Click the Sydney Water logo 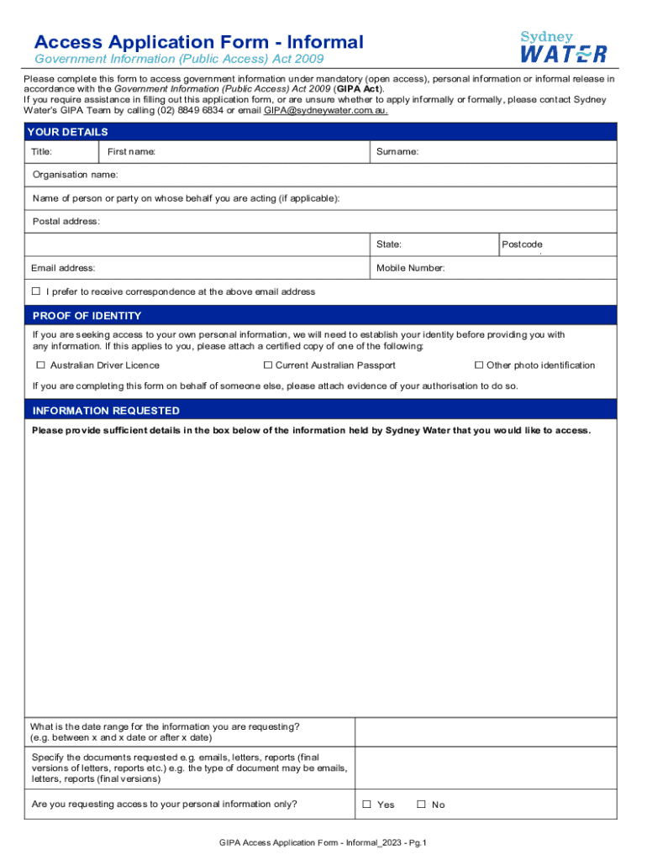(564, 47)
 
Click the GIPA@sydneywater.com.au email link (326, 110)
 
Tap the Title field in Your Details (62, 152)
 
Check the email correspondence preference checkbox (36, 291)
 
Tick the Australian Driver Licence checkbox (40, 365)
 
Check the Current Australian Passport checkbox (268, 365)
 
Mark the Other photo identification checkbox (479, 365)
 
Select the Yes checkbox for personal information (366, 805)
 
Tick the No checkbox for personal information (421, 805)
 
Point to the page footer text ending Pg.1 (323, 842)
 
